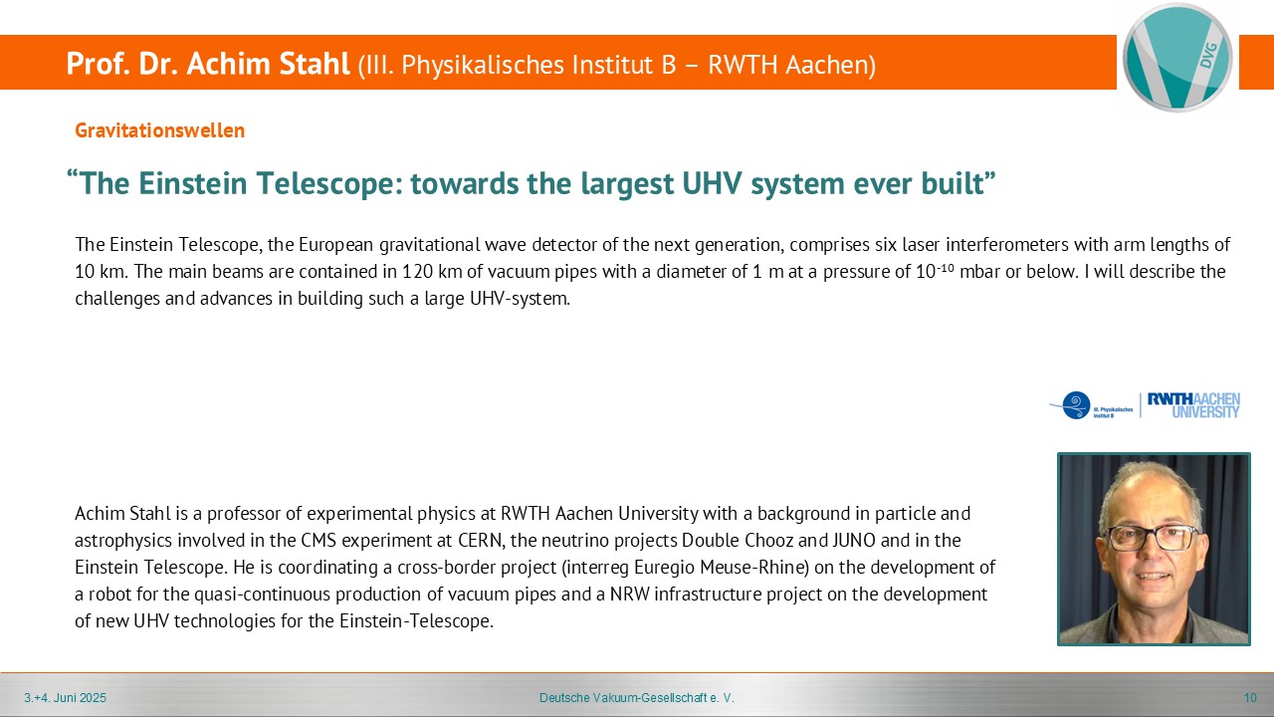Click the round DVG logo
coord(1177,57)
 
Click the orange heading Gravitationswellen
coord(160,130)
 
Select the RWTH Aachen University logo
coord(1193,405)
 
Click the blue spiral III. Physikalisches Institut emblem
coord(1075,405)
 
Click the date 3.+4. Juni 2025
coord(65,698)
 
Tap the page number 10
coord(1250,698)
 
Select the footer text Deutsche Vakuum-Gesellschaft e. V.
coord(636,698)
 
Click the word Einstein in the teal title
coord(192,183)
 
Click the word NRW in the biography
coord(630,595)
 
